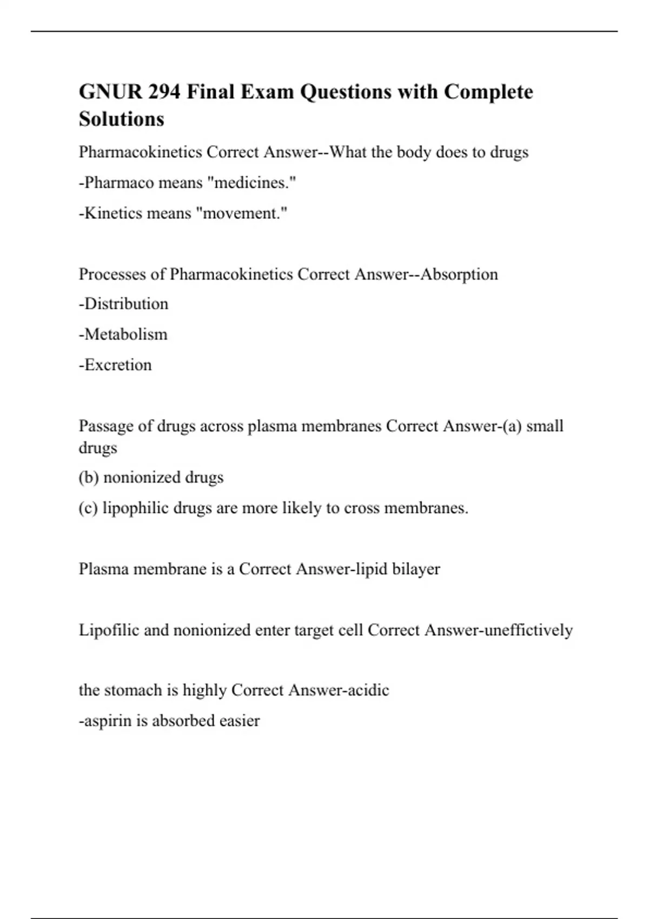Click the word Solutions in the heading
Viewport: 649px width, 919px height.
pyautogui.click(x=121, y=119)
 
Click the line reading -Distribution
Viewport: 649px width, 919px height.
pyautogui.click(x=124, y=304)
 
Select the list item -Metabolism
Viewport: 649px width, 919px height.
pyautogui.click(x=123, y=334)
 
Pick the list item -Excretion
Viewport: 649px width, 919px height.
pyautogui.click(x=115, y=365)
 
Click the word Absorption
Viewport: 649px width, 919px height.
pyautogui.click(x=459, y=274)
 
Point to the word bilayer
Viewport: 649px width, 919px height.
pyautogui.click(x=416, y=569)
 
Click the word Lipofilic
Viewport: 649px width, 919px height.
pyautogui.click(x=109, y=630)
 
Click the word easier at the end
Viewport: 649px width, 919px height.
pyautogui.click(x=240, y=721)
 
